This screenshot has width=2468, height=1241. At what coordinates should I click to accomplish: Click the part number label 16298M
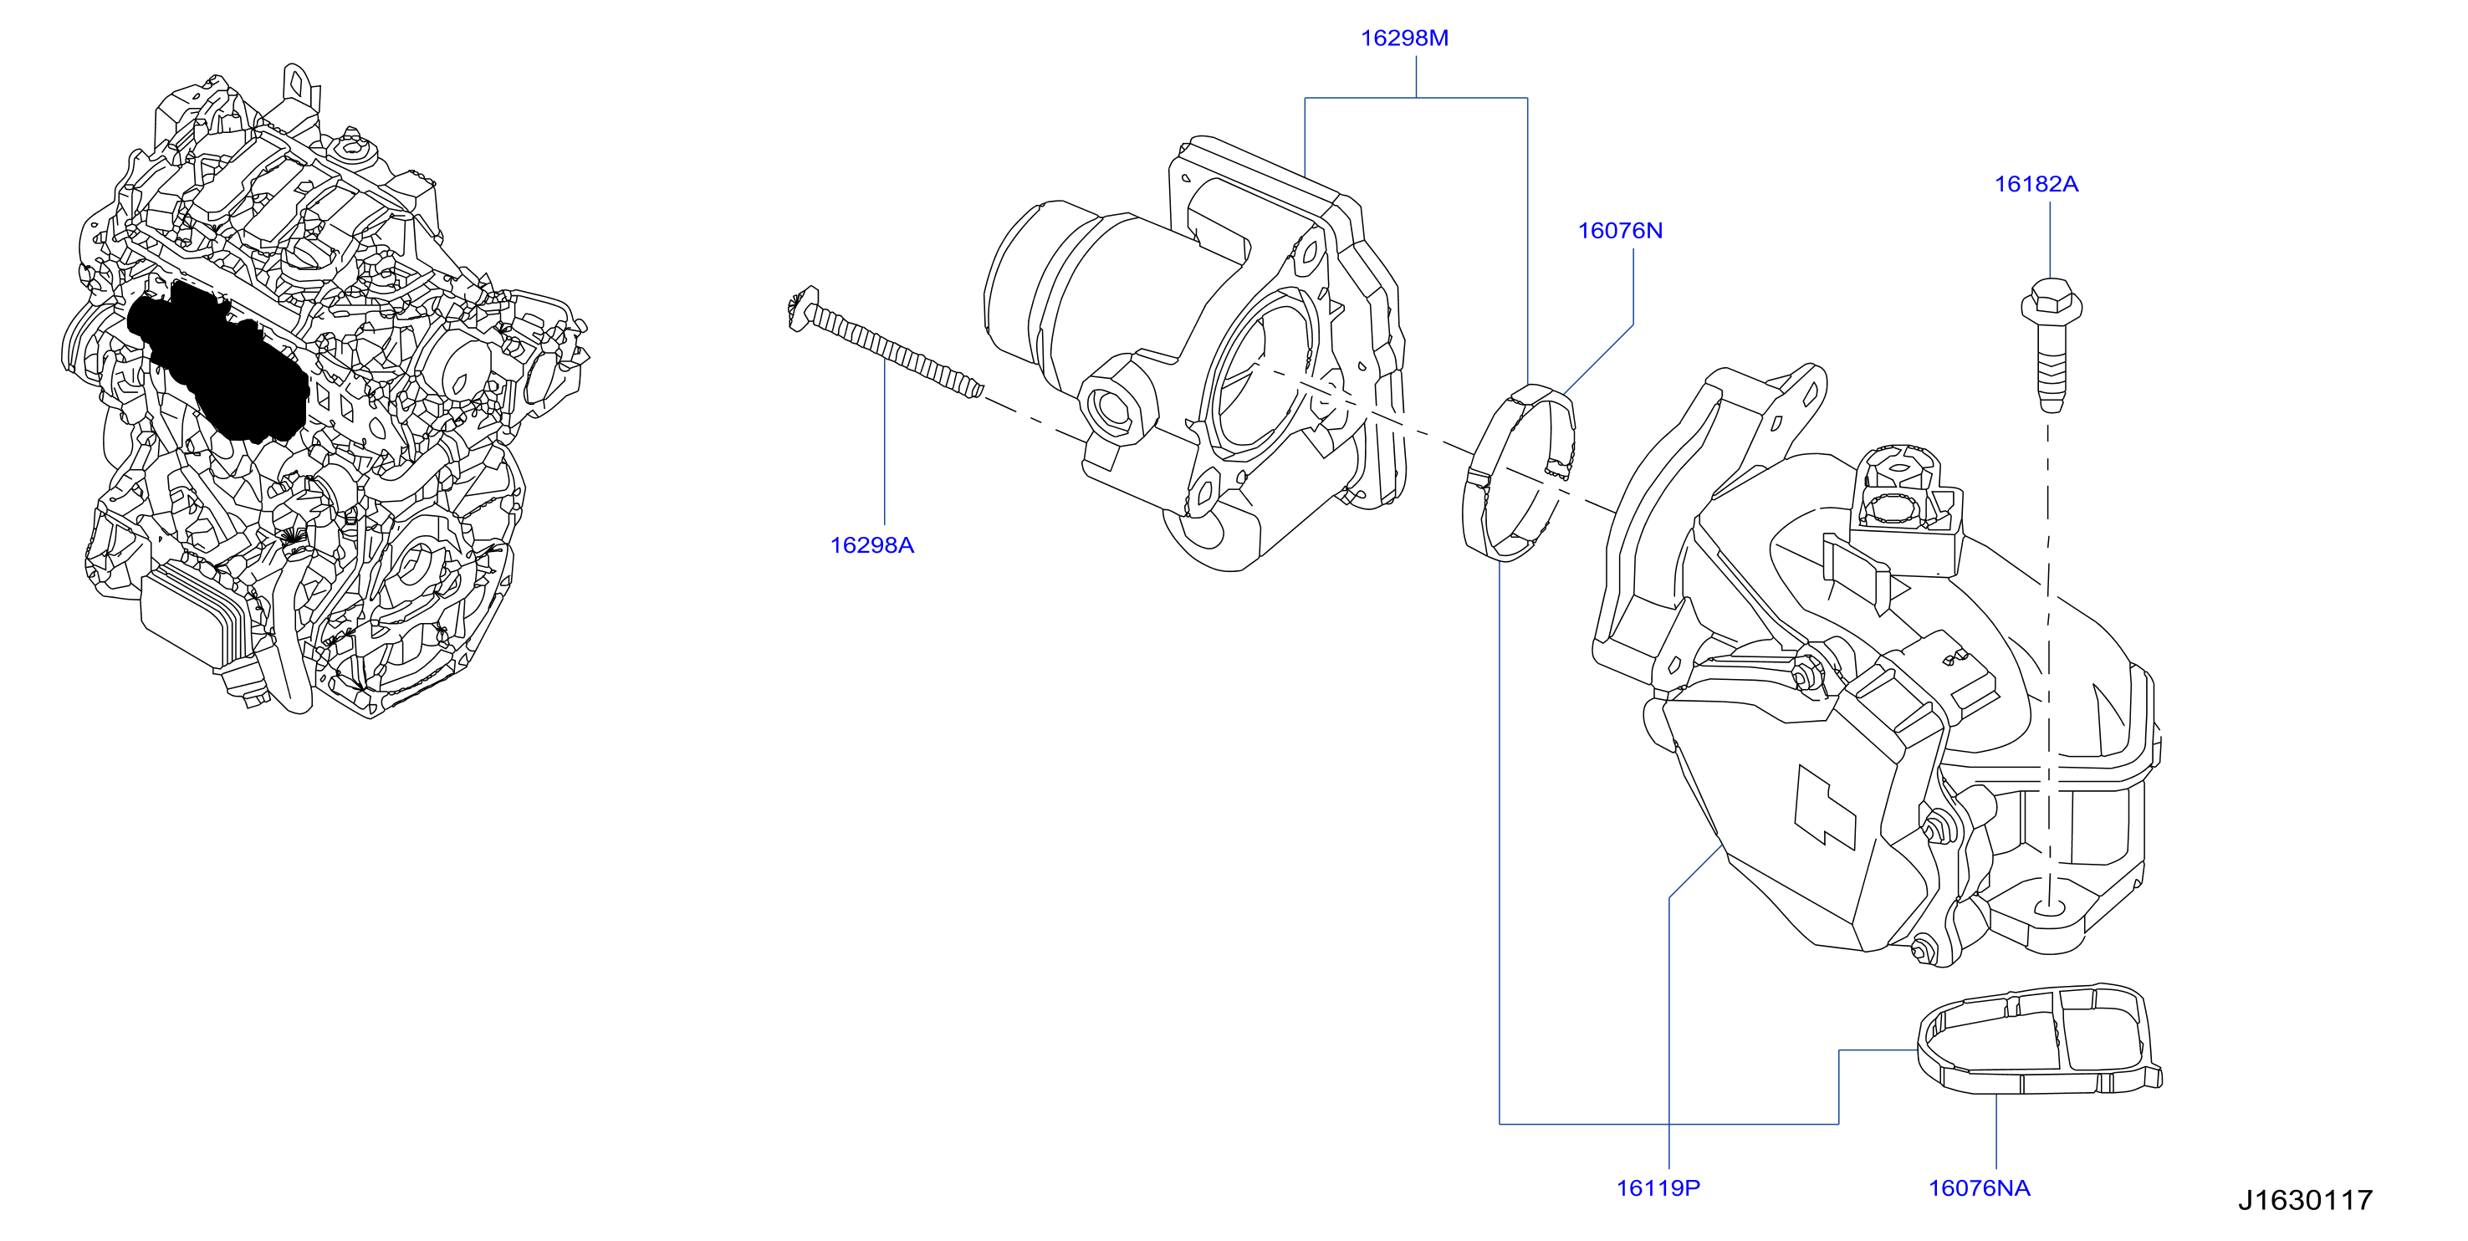click(x=1403, y=38)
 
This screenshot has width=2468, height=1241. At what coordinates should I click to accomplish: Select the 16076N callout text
click(x=1619, y=231)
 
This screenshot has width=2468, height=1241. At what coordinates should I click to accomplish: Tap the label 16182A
click(x=2036, y=184)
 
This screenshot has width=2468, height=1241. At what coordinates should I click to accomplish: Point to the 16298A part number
click(x=871, y=545)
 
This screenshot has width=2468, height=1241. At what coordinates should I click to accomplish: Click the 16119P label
click(x=1658, y=1188)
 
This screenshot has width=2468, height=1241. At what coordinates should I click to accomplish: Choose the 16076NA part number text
click(x=1979, y=1188)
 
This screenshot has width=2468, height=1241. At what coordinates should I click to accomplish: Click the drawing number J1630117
click(x=2304, y=1200)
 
